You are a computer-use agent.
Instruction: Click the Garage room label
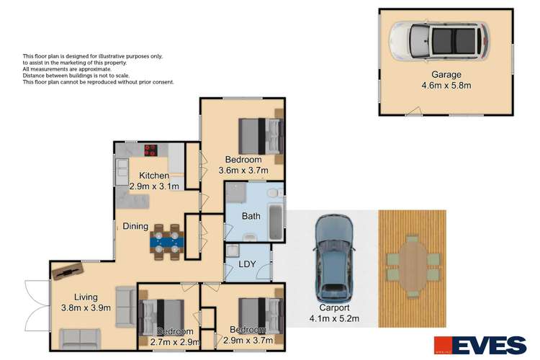coord(446,74)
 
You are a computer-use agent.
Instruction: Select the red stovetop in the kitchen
coord(152,150)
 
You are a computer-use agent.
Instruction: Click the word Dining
coord(135,227)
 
